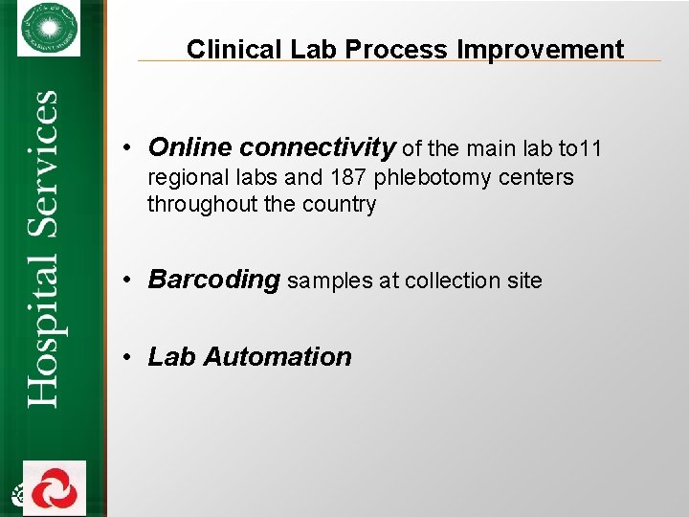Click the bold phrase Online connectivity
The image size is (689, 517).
pos(272,147)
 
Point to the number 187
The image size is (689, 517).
pos(349,178)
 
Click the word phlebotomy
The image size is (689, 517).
pos(432,178)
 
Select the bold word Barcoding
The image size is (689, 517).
pos(213,280)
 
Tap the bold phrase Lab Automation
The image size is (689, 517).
pos(250,357)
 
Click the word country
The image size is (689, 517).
pos(339,205)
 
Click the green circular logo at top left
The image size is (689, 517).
pos(49,28)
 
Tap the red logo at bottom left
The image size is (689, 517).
pos(55,488)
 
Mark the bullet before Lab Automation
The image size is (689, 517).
pos(127,358)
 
